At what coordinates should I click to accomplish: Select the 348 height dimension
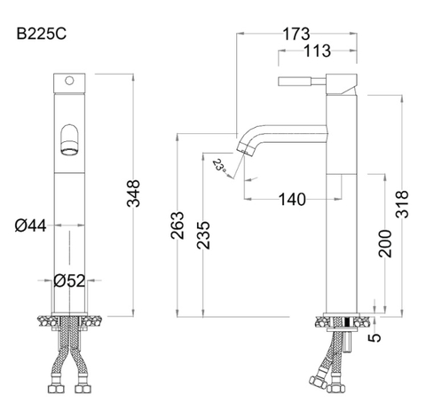click(x=134, y=194)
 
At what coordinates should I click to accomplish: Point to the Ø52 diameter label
click(x=68, y=281)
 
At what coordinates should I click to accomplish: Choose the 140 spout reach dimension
click(x=292, y=199)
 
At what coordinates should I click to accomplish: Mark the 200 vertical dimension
click(x=385, y=241)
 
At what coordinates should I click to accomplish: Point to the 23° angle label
click(x=219, y=164)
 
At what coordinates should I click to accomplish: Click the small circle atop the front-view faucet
click(x=68, y=83)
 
